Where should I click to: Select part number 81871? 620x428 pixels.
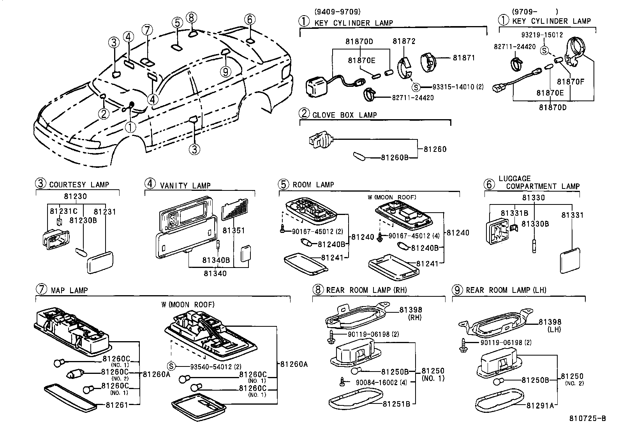coord(464,58)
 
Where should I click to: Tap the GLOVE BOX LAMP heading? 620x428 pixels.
coord(344,115)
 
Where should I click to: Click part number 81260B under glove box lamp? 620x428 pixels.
coord(394,158)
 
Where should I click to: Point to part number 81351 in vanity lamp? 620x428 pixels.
coord(234,231)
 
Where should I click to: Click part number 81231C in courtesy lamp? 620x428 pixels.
coord(63,211)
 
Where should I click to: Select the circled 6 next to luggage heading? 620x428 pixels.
coord(489,184)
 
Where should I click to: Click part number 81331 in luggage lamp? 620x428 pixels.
coord(572,215)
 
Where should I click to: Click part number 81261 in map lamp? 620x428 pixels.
coord(116,405)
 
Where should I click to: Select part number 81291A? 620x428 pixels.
coord(540,405)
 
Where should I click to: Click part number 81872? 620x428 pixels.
coord(404,41)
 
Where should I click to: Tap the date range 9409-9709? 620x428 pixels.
coord(337,12)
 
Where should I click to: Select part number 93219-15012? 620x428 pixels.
coord(542,35)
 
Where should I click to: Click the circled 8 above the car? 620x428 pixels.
coord(192,18)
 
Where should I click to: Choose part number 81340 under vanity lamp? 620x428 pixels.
coord(215,273)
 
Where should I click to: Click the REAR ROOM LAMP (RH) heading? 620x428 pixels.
coord(366,290)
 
